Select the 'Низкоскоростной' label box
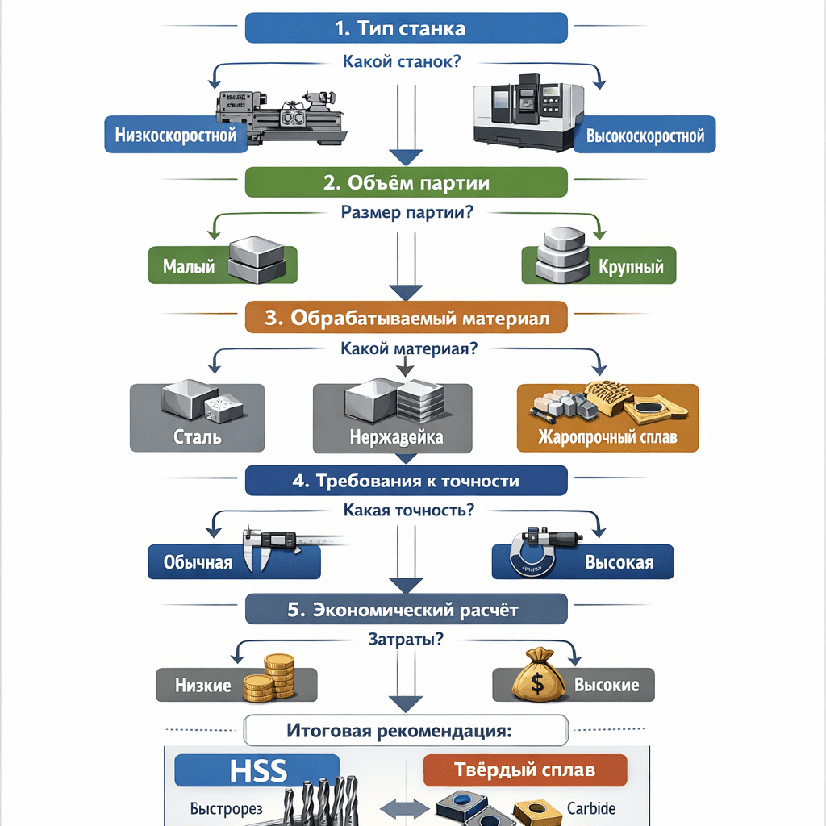pos(176,135)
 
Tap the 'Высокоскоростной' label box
pos(645,135)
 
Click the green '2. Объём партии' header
pos(406,182)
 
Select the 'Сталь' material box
pos(197,417)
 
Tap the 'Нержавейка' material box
pos(396,417)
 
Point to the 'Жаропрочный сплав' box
pos(607,417)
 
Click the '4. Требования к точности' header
pos(406,481)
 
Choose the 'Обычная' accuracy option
pos(234,561)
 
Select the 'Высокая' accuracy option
pos(582,561)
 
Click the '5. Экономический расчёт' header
pos(406,609)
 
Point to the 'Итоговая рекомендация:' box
pos(406,732)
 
